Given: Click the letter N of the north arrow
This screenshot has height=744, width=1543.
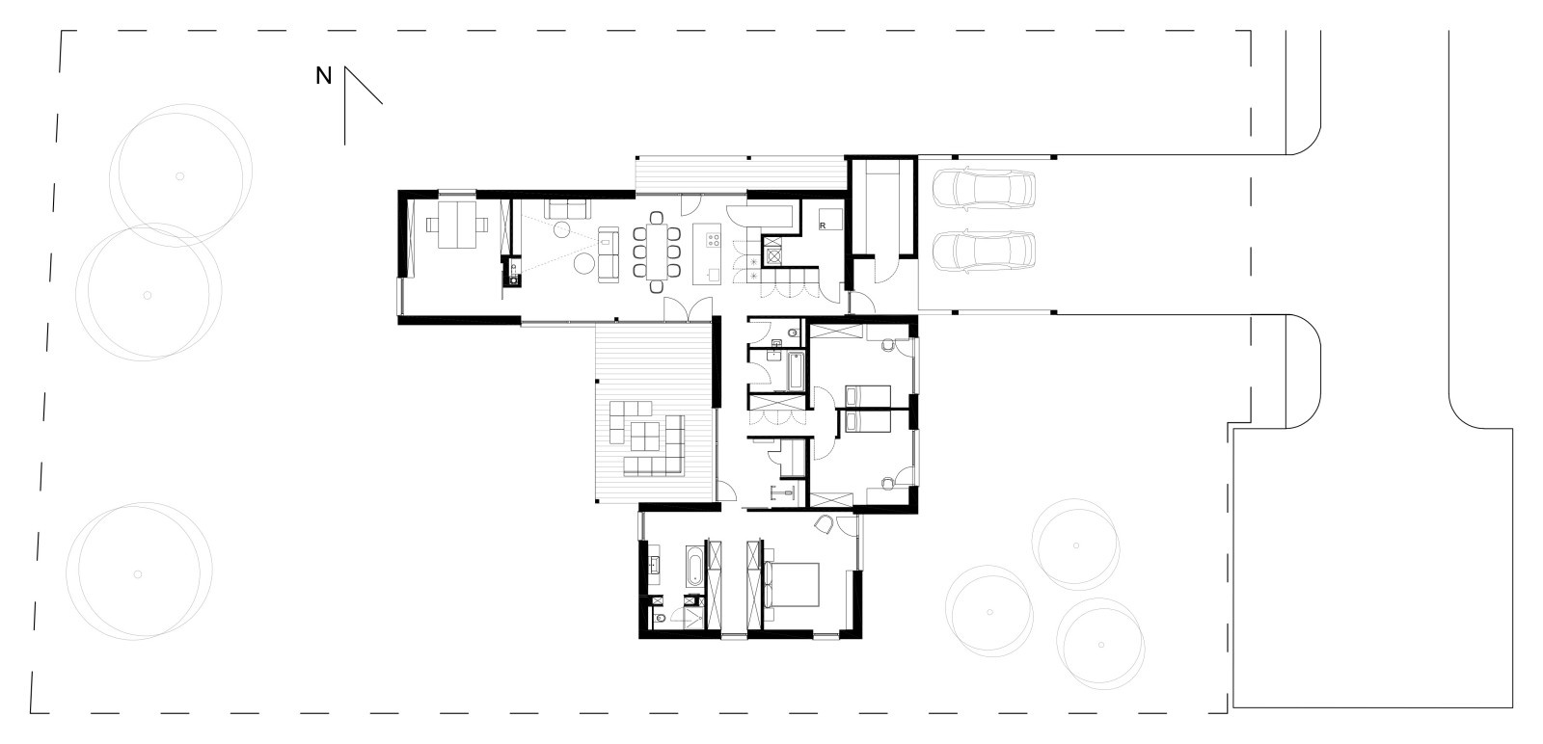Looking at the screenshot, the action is click(x=324, y=76).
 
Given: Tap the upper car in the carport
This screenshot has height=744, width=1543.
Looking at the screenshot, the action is click(x=984, y=187).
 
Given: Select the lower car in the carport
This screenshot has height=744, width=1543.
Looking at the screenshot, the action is click(x=984, y=252).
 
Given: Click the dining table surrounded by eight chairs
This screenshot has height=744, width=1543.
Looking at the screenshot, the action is click(x=657, y=252).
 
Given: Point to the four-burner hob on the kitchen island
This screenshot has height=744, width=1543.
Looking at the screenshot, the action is click(x=713, y=240).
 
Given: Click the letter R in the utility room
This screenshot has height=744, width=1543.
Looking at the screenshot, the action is click(x=823, y=226).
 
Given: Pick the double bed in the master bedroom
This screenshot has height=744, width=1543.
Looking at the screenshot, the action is click(x=791, y=584).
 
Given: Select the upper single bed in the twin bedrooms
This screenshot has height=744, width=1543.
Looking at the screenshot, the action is click(x=868, y=396).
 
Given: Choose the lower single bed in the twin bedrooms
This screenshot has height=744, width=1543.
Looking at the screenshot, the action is click(x=868, y=421).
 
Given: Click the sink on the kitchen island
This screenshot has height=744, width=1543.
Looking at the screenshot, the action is click(x=714, y=276).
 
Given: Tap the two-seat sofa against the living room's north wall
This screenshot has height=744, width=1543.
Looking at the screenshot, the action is click(x=568, y=209).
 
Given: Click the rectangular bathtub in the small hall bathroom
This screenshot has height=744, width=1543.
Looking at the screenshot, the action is click(x=797, y=371).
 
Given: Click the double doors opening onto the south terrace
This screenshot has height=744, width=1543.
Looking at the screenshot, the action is click(x=688, y=309).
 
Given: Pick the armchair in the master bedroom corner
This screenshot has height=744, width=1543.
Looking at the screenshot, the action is click(x=824, y=525).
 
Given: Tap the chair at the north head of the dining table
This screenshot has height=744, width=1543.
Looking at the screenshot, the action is click(x=657, y=218).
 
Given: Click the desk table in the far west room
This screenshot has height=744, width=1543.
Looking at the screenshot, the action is click(x=457, y=225).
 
